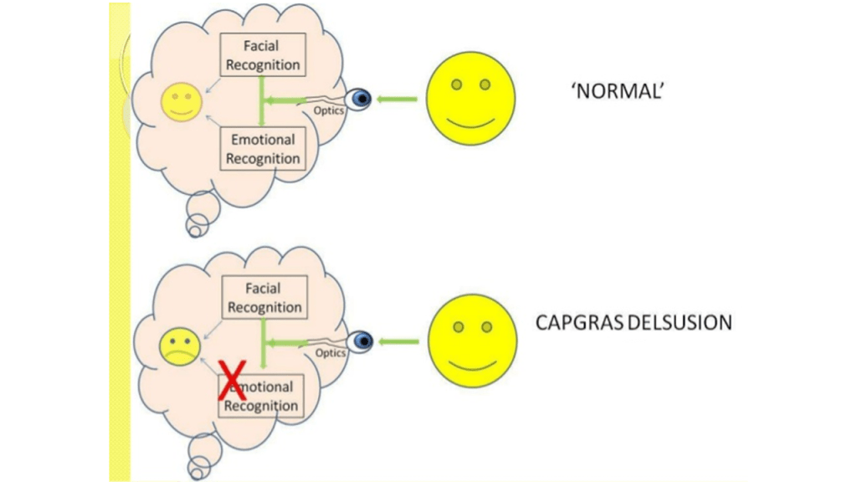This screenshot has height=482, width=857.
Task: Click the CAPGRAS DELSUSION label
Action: coord(633,321)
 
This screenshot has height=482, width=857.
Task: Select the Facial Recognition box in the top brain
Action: coord(261,55)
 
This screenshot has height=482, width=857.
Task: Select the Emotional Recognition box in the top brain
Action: coord(262,148)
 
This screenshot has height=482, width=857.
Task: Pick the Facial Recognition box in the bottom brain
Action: coord(264,297)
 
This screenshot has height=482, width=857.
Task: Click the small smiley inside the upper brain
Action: coord(180,103)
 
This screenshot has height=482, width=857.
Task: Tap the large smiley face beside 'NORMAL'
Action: coord(470,100)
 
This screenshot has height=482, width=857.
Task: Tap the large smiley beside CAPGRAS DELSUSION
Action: coord(473,341)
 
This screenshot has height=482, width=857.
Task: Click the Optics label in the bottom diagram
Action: coord(331,353)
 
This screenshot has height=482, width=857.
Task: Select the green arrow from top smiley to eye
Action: coord(397,100)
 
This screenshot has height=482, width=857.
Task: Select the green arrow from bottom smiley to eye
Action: coord(399,341)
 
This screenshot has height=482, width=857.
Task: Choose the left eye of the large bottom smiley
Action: coord(459,326)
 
